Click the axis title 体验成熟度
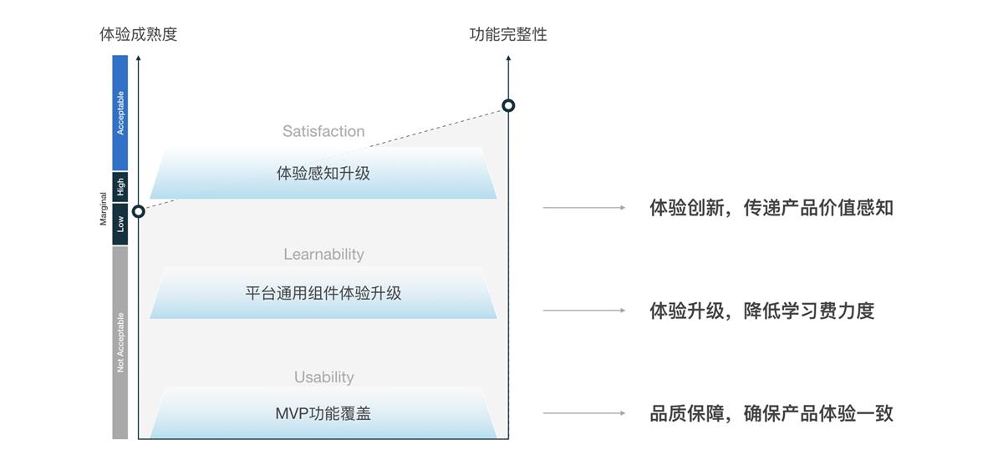pos(138,34)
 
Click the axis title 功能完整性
pos(508,34)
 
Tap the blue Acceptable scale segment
pos(120,113)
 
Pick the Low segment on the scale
pos(120,223)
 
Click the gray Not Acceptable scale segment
pos(120,341)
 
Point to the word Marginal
pos(104,209)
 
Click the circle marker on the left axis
pos(139,211)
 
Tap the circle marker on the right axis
pos(508,105)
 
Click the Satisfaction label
pos(323,131)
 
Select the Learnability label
pos(323,254)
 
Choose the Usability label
pos(323,377)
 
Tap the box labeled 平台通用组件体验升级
pos(323,294)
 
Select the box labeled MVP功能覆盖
pos(323,413)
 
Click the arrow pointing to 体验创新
pos(584,207)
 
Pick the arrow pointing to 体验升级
pos(584,311)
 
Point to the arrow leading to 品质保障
pos(584,413)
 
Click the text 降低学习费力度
pos(808,311)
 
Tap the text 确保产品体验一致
pos(818,413)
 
